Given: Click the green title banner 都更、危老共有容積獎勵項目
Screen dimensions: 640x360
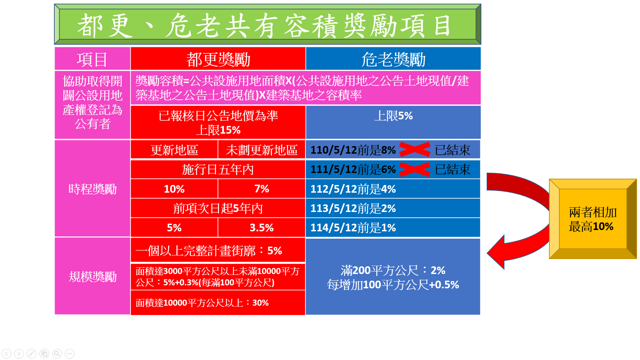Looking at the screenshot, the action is [267, 24].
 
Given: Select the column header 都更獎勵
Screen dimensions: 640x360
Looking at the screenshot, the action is [218, 59].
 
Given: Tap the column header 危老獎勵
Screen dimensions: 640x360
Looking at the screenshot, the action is [393, 59].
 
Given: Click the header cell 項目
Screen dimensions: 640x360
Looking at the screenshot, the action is [92, 59].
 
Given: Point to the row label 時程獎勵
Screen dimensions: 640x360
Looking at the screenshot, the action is [92, 189].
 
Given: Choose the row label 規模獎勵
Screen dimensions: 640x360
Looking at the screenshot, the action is [92, 276].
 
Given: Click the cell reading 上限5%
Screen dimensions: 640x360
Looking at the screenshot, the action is [393, 122].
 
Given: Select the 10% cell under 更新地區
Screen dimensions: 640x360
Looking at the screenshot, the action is [174, 189].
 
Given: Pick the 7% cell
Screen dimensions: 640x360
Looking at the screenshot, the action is [262, 189].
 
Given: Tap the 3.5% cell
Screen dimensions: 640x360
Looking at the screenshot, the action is [262, 228].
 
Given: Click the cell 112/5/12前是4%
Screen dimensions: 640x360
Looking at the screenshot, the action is [393, 189].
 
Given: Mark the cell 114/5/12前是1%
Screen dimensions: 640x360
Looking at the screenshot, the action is [393, 228].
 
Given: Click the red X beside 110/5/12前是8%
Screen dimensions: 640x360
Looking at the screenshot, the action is [415, 149].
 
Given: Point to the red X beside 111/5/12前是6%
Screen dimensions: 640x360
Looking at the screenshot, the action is [415, 169].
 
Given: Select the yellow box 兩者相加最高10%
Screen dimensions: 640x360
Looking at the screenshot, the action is [593, 219].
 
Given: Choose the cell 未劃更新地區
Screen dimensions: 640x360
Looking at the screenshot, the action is [262, 150].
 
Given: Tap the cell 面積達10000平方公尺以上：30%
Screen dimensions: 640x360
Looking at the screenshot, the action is [218, 302].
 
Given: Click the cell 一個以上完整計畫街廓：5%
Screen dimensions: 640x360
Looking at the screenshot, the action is [218, 250].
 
